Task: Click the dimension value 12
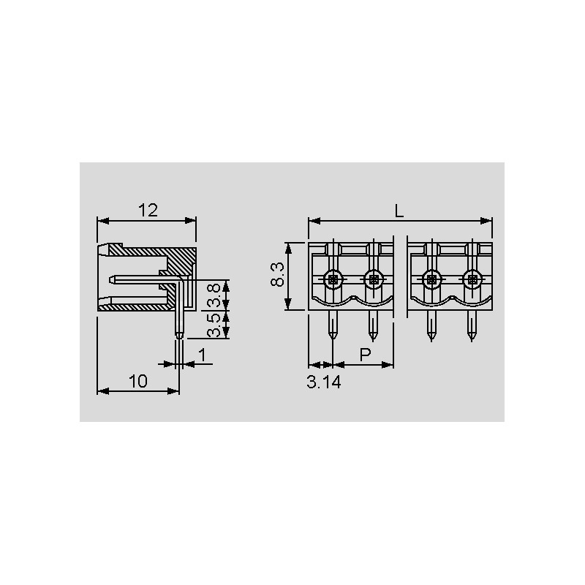[x=148, y=211]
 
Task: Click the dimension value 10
[x=138, y=381]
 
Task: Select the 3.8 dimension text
[x=214, y=295]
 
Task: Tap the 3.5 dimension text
[x=214, y=325]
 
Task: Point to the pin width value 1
[x=203, y=355]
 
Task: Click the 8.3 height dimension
[x=278, y=274]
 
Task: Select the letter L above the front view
[x=399, y=211]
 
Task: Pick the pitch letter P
[x=365, y=355]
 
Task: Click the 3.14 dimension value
[x=324, y=382]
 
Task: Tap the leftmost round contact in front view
[x=333, y=279]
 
